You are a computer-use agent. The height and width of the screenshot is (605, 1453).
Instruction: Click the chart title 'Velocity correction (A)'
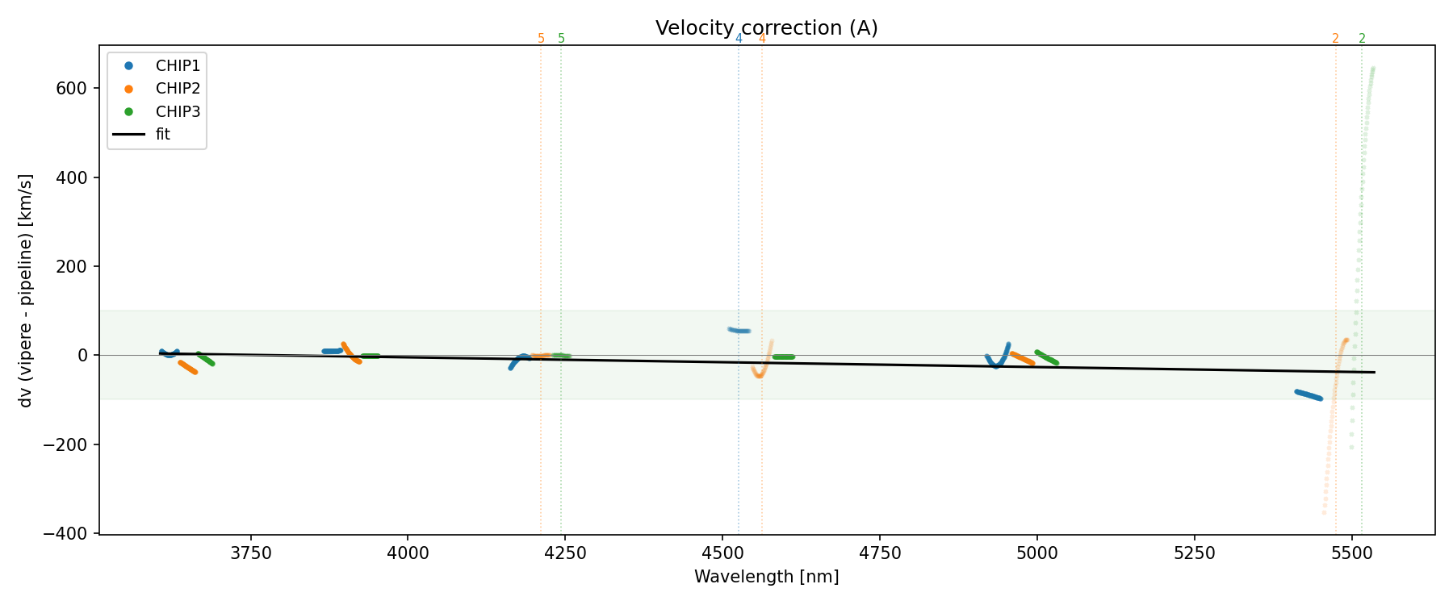point(766,28)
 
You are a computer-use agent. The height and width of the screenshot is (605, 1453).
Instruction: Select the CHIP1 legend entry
point(178,66)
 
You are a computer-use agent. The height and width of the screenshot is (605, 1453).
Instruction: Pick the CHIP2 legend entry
point(178,89)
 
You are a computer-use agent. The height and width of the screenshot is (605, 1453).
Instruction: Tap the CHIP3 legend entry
point(178,111)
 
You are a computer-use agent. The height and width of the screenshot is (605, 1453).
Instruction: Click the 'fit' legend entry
point(163,135)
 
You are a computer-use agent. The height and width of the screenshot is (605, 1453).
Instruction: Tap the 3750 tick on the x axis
point(251,553)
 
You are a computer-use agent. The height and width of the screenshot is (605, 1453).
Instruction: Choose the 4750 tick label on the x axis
point(880,553)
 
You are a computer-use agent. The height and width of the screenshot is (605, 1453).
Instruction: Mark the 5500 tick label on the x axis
point(1351,553)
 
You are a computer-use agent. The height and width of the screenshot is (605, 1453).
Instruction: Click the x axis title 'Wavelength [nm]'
point(766,577)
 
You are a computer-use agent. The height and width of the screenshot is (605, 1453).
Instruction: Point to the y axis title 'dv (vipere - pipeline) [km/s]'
point(26,290)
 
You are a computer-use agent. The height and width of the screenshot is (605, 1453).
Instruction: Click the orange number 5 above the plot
point(541,39)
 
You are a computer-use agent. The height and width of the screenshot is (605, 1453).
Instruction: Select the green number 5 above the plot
point(562,39)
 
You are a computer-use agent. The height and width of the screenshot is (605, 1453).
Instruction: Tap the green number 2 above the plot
point(1362,39)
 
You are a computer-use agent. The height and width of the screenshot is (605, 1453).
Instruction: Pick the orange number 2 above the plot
point(1335,39)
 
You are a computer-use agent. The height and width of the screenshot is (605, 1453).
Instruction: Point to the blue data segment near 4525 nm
point(739,330)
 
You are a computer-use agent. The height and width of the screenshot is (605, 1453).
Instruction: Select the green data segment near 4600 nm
point(783,357)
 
